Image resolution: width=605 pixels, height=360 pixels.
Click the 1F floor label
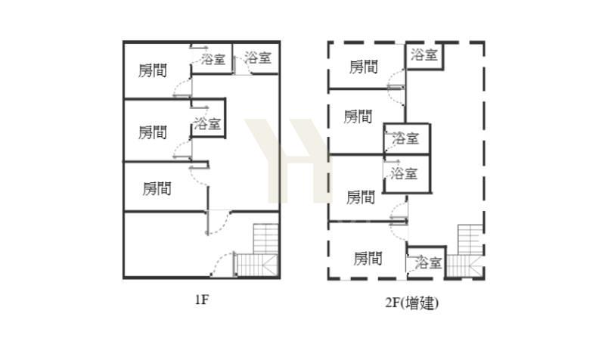pos(202,299)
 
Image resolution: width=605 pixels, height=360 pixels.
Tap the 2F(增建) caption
pos(411,303)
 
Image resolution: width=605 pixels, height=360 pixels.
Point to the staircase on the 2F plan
pos(465,251)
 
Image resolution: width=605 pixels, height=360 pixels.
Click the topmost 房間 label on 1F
pos(153,70)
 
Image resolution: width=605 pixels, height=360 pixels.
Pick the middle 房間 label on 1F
pos(153,132)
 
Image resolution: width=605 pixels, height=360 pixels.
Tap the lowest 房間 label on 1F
pos(157,188)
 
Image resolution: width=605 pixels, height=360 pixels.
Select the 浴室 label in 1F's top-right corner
pos(258,58)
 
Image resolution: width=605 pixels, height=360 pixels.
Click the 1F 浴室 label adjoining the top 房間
pos(213,59)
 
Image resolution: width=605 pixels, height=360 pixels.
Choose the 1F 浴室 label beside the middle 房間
pos(207,124)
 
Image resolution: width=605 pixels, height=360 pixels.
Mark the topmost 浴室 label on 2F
pos(424,54)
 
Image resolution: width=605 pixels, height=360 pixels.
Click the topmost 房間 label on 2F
pos(363,67)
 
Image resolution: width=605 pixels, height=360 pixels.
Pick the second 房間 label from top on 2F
pos(358,116)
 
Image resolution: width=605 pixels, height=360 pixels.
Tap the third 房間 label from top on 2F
pos(361,197)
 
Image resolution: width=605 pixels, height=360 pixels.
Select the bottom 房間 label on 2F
pos(368,259)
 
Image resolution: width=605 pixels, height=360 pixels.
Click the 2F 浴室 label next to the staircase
pos(428,262)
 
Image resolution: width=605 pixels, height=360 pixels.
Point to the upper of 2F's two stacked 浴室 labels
pos(405,138)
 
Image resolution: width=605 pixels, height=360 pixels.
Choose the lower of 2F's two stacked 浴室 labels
pos(404,174)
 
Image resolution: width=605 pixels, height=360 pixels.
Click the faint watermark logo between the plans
pos(287,160)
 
